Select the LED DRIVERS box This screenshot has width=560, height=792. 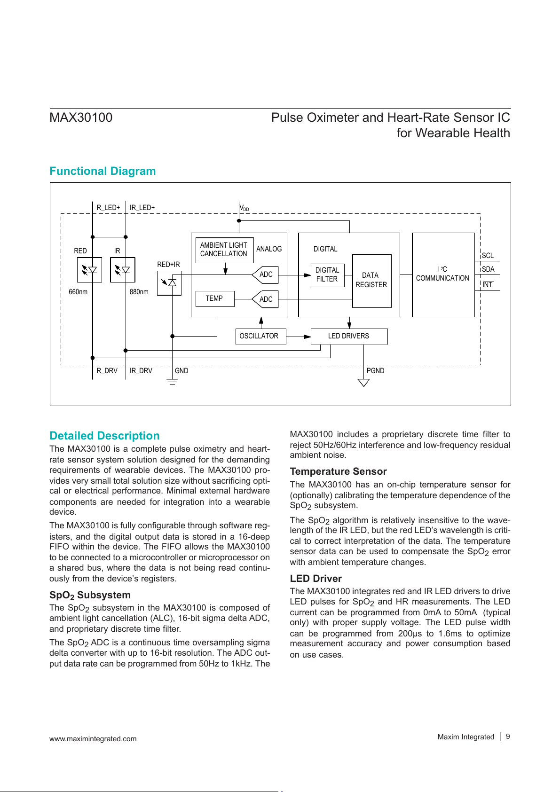click(349, 336)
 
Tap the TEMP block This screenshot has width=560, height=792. click(215, 298)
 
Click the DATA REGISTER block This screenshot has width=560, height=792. click(371, 281)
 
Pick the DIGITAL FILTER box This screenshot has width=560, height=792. click(327, 275)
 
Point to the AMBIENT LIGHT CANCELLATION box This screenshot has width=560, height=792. click(224, 250)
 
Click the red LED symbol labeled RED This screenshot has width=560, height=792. click(89, 270)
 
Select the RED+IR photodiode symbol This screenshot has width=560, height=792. click(169, 283)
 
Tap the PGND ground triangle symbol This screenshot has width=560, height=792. click(363, 383)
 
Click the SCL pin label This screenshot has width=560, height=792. click(488, 256)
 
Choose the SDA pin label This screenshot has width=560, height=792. click(489, 269)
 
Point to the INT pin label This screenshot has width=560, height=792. click(488, 285)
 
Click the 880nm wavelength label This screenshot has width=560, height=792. click(139, 292)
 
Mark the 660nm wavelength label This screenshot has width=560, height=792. click(78, 292)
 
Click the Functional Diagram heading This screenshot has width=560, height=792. click(103, 171)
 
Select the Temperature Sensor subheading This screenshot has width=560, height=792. click(338, 471)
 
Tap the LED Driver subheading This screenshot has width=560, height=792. click(315, 579)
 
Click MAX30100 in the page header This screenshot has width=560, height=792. click(81, 118)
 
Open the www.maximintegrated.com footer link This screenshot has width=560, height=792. click(93, 739)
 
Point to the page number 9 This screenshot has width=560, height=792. click(508, 737)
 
